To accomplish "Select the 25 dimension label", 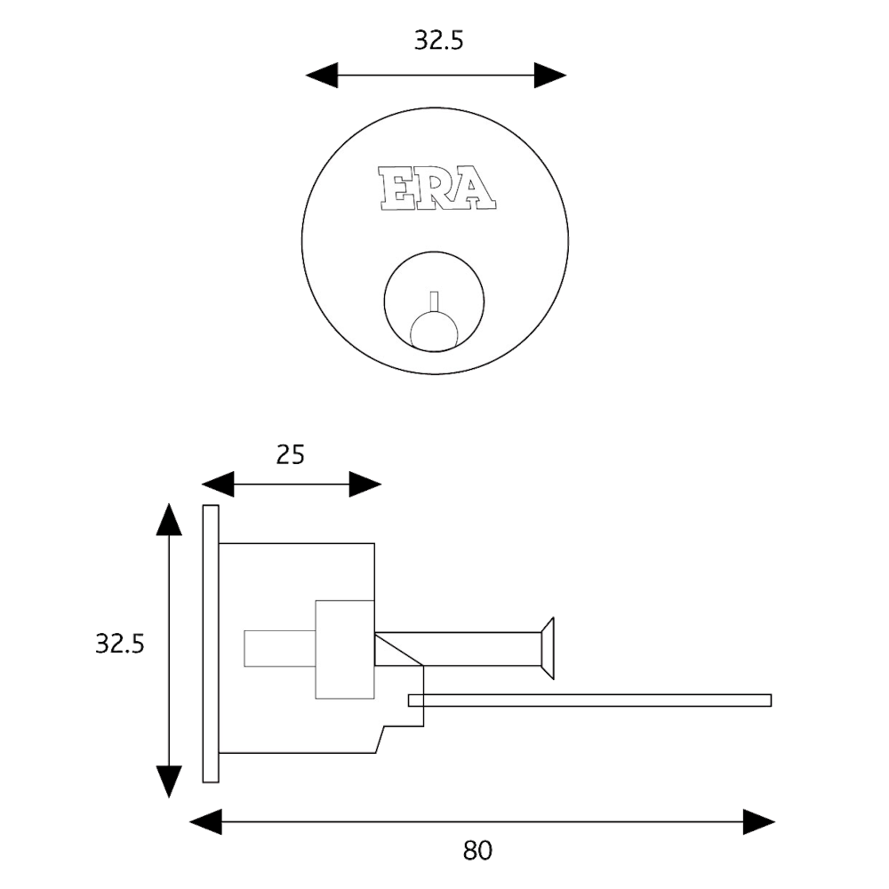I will (x=292, y=455).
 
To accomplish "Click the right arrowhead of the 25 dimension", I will (x=366, y=485).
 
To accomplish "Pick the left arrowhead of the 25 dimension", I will (x=216, y=485).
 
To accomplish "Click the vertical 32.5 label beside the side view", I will (x=119, y=644).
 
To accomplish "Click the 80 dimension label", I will (x=477, y=852).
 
